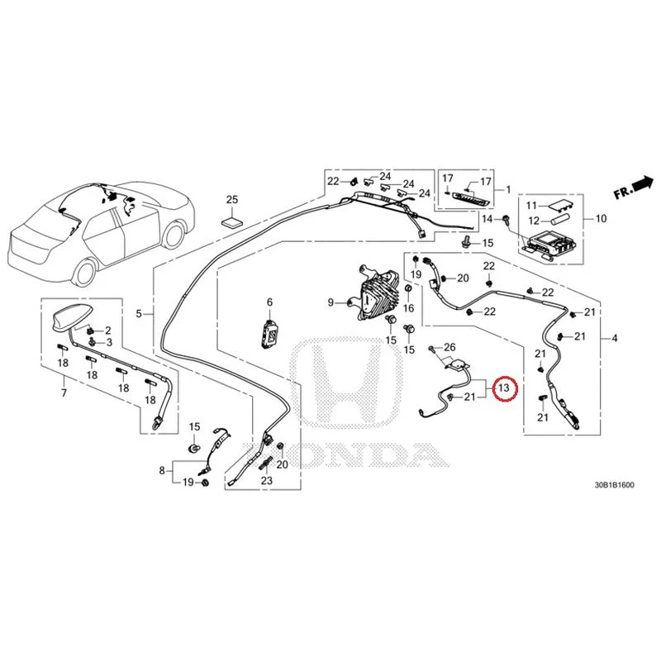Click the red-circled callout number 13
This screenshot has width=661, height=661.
click(x=504, y=387)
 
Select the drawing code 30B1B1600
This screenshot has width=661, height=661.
click(x=614, y=485)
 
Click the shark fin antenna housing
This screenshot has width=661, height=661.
click(x=69, y=317)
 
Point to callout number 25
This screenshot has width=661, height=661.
click(x=232, y=199)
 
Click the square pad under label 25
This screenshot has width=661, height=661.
click(x=232, y=222)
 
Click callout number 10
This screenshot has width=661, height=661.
click(x=602, y=218)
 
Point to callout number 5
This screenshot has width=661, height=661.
click(x=139, y=314)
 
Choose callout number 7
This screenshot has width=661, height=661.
click(x=64, y=393)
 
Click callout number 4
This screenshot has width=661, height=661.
click(x=615, y=338)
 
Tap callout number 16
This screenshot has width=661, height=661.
click(x=408, y=308)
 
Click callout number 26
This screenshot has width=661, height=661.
click(x=449, y=347)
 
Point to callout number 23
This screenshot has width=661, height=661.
click(x=267, y=480)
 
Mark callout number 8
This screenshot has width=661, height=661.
click(x=162, y=470)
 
